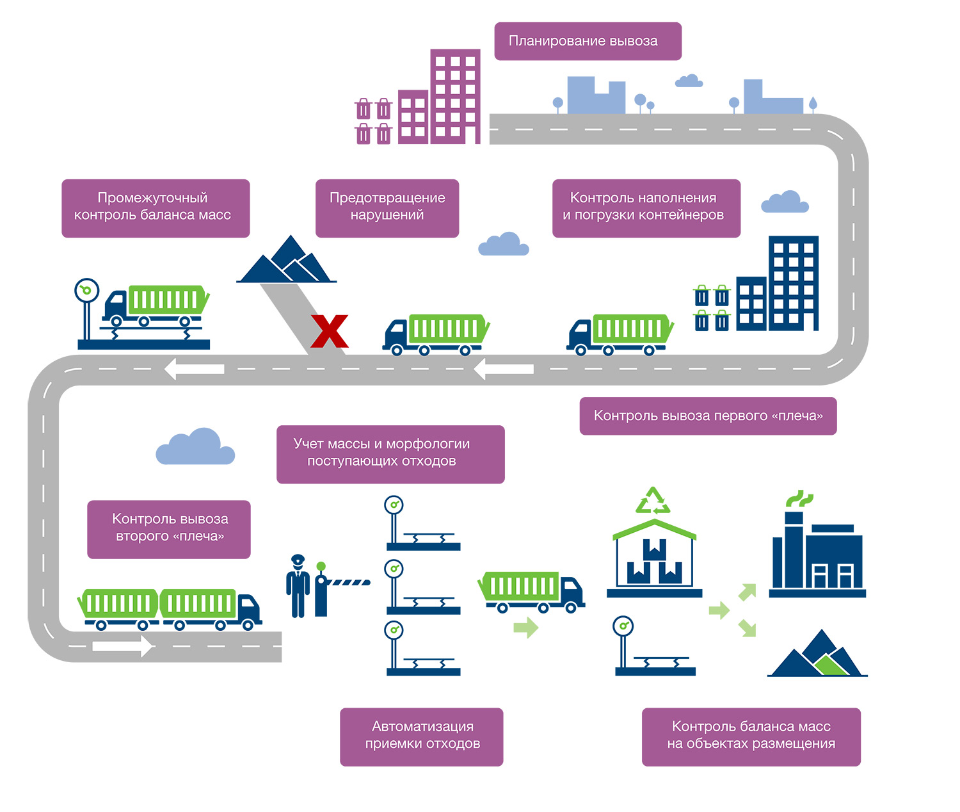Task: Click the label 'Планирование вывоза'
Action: pos(588,41)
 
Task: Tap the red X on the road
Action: pos(330,331)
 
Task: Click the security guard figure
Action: pos(298,586)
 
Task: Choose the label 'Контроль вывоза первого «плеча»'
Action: pos(708,416)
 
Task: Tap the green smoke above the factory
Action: pos(799,498)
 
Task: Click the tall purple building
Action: pos(455,96)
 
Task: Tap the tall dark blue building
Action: pos(793,282)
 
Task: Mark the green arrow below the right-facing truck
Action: pos(525,628)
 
